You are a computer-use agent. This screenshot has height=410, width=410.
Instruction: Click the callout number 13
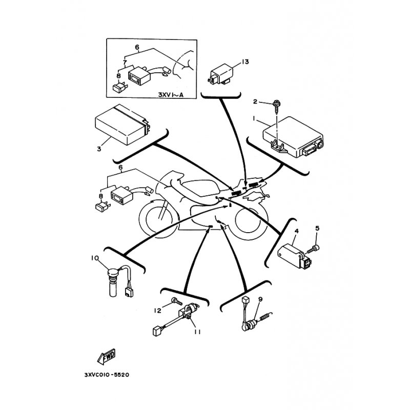click(x=245, y=61)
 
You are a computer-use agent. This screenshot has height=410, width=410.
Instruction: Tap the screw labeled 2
click(x=276, y=107)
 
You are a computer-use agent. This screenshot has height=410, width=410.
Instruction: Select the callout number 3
click(x=99, y=149)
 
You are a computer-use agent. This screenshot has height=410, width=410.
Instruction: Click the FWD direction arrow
click(x=107, y=357)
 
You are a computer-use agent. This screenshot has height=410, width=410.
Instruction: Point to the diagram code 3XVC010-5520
click(x=107, y=375)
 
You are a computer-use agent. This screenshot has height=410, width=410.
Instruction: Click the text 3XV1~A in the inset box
click(x=171, y=94)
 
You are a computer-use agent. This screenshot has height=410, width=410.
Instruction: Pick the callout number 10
click(x=95, y=258)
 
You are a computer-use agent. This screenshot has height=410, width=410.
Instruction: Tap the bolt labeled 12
click(x=177, y=301)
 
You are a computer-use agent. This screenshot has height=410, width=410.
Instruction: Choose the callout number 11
click(x=197, y=332)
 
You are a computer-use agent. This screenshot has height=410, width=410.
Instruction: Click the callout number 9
click(x=260, y=299)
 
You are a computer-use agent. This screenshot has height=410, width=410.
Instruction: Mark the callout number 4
click(x=297, y=231)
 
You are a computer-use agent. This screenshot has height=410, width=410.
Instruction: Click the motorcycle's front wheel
click(x=159, y=219)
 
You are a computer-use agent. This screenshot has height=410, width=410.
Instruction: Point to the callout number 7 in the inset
click(x=125, y=63)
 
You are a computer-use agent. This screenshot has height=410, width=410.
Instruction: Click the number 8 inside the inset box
click(x=119, y=76)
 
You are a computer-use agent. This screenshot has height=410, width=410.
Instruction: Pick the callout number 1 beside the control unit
click(x=254, y=118)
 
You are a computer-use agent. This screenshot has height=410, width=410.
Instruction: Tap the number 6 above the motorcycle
click(x=120, y=167)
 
